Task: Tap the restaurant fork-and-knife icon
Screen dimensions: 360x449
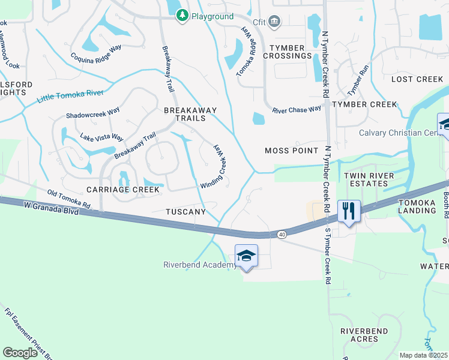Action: (349, 211)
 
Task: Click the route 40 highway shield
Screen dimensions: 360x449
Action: (282, 234)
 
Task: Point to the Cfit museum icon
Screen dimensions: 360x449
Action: (274, 22)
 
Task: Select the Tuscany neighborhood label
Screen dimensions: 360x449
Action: (186, 212)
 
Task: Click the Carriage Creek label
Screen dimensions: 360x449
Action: (123, 190)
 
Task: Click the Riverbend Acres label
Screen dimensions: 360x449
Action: (364, 335)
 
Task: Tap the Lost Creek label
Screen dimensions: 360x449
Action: (417, 79)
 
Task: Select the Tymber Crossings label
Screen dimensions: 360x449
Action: (291, 52)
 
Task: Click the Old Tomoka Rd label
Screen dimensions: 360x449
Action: (69, 199)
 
